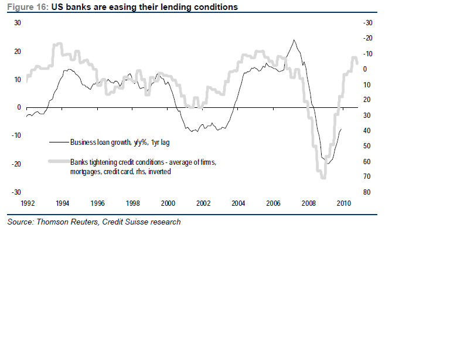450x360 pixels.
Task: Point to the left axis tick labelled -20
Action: point(16,164)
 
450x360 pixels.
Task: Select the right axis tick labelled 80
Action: point(367,192)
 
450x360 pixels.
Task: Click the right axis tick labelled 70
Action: point(367,176)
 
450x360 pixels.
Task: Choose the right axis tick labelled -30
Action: point(368,23)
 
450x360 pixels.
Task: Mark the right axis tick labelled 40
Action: point(367,131)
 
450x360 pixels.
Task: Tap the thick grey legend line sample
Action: point(59,161)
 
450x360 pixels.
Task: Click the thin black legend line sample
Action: point(59,142)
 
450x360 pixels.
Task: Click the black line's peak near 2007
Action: point(294,40)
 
